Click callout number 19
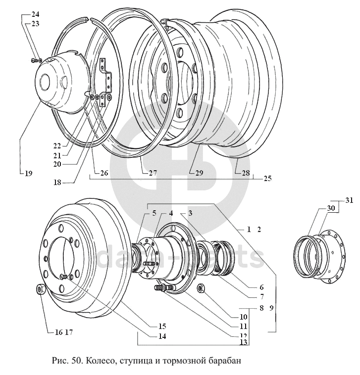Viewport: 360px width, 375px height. coord(28,174)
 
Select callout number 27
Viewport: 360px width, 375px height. coord(153,173)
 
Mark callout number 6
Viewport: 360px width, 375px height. coord(260,287)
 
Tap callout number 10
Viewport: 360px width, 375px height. coord(244,317)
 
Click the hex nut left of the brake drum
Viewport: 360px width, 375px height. coord(41,289)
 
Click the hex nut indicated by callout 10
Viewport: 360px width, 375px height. coord(202,288)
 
